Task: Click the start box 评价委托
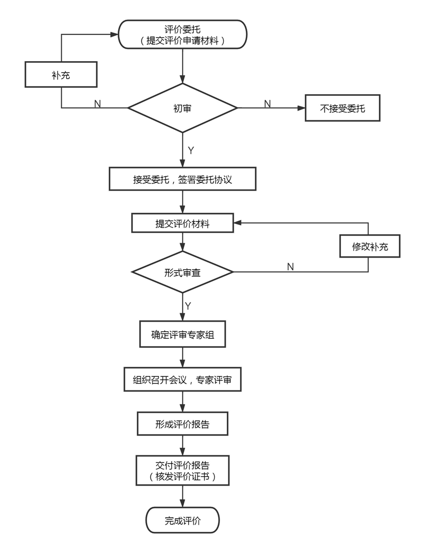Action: (x=182, y=34)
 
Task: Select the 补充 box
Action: (x=61, y=75)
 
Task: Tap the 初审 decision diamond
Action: (x=182, y=108)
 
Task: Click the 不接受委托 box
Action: (x=342, y=108)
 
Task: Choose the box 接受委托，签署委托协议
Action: (x=182, y=179)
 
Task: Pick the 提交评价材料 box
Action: (x=182, y=223)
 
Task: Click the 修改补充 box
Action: (x=370, y=247)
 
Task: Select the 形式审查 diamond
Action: (x=182, y=272)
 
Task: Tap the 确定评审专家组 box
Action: (x=182, y=335)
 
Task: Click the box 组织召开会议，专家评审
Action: (x=182, y=379)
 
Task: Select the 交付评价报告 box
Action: (x=182, y=470)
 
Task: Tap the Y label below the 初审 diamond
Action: (x=191, y=151)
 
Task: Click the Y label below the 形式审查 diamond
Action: (x=188, y=306)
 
